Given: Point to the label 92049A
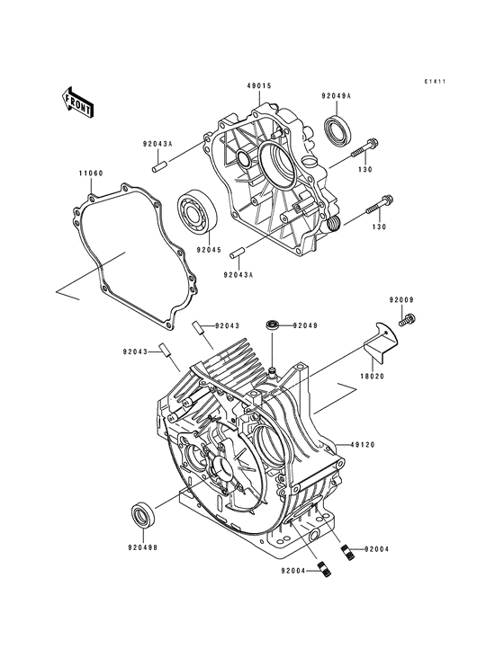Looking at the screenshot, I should point(337,95).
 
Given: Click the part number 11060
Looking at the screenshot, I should point(88,172).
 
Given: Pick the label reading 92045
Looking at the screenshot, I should point(209,249).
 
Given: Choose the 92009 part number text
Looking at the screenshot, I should point(401,298).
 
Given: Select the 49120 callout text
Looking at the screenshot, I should point(364,443).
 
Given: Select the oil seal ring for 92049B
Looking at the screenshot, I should point(142,518).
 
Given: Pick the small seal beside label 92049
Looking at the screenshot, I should point(271,323).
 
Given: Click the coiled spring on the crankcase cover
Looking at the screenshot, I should point(332,222).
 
